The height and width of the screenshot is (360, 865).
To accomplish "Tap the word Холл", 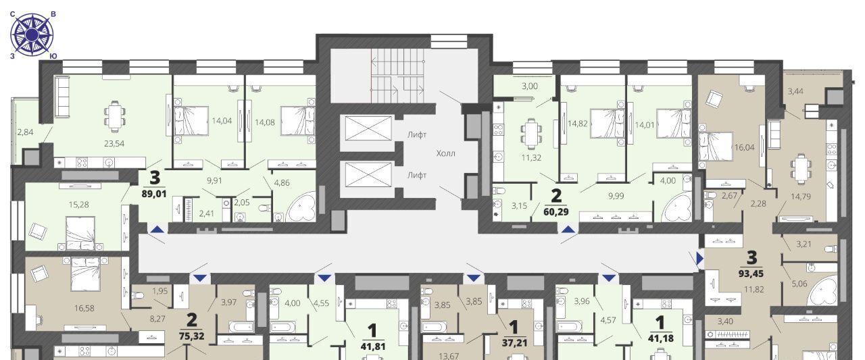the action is tap(445, 153).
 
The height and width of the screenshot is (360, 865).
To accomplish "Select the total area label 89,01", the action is tap(153, 194).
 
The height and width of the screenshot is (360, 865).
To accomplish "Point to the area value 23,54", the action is tap(114, 144).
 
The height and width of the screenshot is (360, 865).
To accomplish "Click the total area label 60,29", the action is tap(556, 212).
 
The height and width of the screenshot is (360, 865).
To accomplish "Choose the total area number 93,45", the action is tap(751, 274).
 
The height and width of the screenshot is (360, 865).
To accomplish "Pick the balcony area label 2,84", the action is tap(25, 132).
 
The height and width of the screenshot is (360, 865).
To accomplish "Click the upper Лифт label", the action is tap(417, 134).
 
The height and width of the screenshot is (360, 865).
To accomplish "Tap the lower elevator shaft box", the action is tap(368, 175).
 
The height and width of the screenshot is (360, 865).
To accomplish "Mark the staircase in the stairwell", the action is tap(397, 76).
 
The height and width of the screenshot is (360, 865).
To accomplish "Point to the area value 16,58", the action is tap(84, 308).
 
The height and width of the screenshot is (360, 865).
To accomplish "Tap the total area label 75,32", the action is tap(191, 336).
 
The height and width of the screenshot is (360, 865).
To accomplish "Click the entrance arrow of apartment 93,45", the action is tap(699, 259).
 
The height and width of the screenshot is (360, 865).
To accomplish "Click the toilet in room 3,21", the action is tap(831, 249).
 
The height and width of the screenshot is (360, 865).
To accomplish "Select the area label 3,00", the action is tap(529, 86).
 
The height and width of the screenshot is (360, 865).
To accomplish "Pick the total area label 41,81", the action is tap(372, 346).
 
